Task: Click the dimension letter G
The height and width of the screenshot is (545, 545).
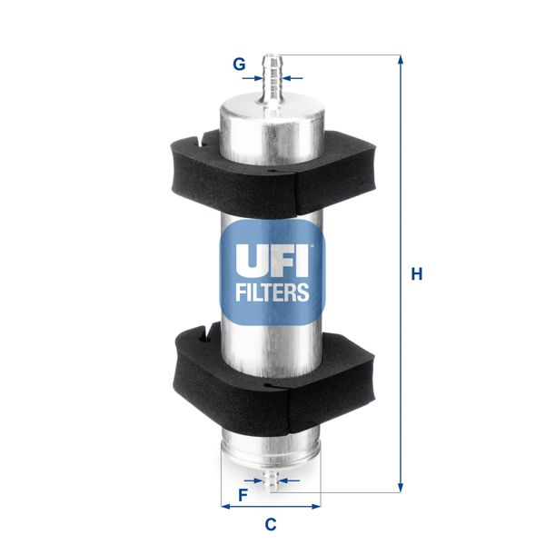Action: pyautogui.click(x=239, y=64)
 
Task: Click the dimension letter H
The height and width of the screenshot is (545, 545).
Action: pyautogui.click(x=417, y=273)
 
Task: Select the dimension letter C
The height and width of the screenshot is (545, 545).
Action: pyautogui.click(x=270, y=523)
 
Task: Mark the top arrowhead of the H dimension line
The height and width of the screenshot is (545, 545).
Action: pyautogui.click(x=400, y=60)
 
